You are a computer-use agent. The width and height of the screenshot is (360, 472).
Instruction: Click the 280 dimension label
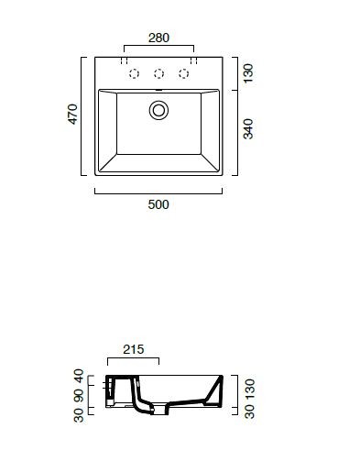pyautogui.click(x=158, y=38)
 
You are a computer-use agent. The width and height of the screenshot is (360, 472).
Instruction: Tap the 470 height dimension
pyautogui.click(x=72, y=115)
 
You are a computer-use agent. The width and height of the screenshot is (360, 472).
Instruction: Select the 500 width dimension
pyautogui.click(x=158, y=204)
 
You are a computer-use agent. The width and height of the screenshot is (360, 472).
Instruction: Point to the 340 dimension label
pyautogui.click(x=248, y=129)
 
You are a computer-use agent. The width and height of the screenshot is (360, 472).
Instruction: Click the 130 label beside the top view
pyautogui.click(x=248, y=73)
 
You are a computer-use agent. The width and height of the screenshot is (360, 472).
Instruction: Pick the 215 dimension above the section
pyautogui.click(x=134, y=349)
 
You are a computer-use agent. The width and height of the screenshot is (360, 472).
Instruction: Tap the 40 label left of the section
pyautogui.click(x=79, y=376)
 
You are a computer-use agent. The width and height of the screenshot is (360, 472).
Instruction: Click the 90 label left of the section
pyautogui.click(x=79, y=396)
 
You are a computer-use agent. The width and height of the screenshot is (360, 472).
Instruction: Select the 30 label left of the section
pyautogui.click(x=79, y=415)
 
